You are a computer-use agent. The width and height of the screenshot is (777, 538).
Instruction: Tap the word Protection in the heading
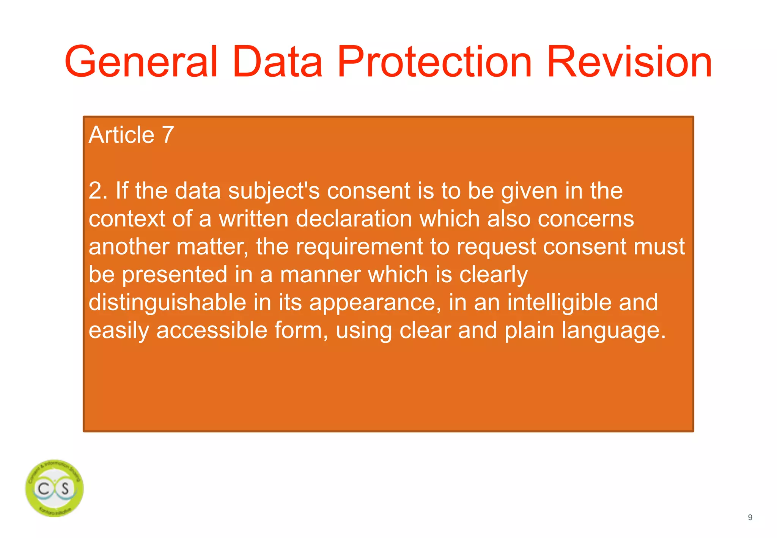click(434, 61)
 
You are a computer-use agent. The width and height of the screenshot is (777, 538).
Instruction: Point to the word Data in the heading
click(277, 61)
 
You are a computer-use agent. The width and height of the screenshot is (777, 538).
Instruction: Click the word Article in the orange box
click(121, 135)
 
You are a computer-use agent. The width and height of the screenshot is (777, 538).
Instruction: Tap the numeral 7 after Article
click(168, 135)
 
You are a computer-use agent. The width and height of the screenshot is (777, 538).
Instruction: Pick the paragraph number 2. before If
click(98, 190)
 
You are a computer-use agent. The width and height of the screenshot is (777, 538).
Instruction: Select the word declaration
click(354, 219)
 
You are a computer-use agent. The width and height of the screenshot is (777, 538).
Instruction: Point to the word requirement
click(359, 247)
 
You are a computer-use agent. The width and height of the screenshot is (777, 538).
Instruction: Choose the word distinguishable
click(167, 303)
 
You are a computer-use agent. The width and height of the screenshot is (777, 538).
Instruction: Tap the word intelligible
click(559, 302)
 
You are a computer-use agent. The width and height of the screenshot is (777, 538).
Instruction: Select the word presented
click(174, 275)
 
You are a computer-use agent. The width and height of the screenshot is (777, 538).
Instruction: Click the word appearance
click(374, 303)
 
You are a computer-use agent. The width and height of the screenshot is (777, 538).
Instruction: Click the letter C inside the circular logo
click(44, 488)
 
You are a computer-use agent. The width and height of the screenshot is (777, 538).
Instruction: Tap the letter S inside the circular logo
click(65, 488)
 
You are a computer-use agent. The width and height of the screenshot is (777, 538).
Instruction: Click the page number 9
click(750, 518)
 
